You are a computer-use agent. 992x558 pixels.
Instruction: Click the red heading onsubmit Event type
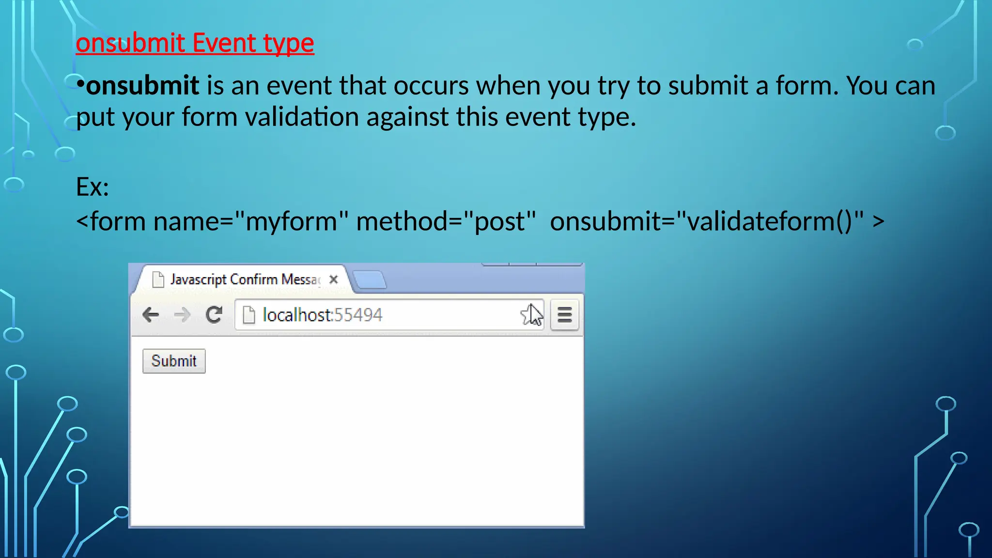click(195, 43)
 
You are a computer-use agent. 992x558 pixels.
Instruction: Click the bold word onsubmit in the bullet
click(142, 86)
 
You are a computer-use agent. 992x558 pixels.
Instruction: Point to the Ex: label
click(92, 187)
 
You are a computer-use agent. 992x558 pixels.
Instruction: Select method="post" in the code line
click(446, 222)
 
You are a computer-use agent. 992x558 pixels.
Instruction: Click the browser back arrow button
click(151, 315)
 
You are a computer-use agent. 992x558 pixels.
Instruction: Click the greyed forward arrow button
click(182, 315)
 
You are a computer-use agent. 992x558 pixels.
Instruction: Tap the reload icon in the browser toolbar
click(214, 315)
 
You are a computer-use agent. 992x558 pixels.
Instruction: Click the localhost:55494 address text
click(322, 315)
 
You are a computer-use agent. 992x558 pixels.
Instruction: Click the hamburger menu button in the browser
click(564, 315)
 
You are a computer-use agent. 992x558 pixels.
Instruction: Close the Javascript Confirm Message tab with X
click(333, 279)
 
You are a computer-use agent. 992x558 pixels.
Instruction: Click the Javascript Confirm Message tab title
click(245, 279)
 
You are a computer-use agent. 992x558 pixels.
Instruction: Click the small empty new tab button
click(369, 280)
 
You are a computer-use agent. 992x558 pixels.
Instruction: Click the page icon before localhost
click(248, 315)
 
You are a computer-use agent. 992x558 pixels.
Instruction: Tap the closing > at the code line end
click(879, 222)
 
